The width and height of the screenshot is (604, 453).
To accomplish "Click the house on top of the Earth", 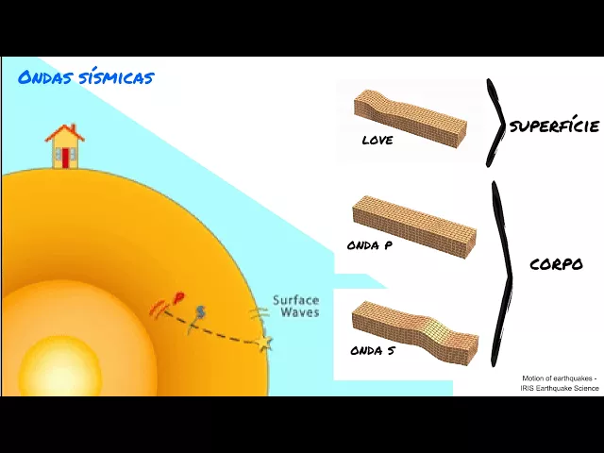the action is click(x=64, y=147).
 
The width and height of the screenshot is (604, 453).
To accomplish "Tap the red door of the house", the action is click(x=65, y=158).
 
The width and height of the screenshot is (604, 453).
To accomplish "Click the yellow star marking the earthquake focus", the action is click(x=263, y=341).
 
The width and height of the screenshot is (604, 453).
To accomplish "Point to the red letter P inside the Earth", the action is click(x=178, y=300).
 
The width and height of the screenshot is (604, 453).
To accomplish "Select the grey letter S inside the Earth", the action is click(x=199, y=312).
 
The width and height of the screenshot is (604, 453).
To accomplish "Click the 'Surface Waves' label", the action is click(x=295, y=306).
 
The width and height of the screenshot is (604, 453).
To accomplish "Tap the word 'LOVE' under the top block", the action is click(x=377, y=141).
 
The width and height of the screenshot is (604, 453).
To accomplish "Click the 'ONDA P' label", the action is click(x=370, y=245).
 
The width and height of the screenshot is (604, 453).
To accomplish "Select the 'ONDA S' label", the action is click(x=370, y=351).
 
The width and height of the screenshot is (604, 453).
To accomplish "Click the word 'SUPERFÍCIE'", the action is click(x=554, y=126).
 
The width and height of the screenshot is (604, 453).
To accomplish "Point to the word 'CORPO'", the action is click(x=556, y=265).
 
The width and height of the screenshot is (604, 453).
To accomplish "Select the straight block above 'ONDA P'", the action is click(x=413, y=223).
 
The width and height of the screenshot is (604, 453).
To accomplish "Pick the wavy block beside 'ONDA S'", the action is click(x=415, y=330).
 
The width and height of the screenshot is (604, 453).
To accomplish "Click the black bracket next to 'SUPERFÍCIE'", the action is click(x=495, y=124).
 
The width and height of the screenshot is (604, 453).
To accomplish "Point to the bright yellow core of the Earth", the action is click(x=59, y=368).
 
